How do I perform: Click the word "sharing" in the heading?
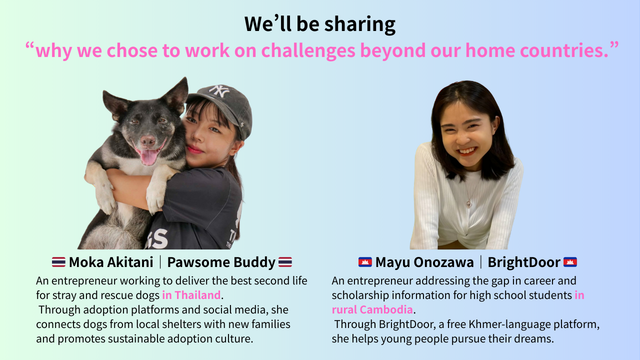pyautogui.click(x=359, y=24)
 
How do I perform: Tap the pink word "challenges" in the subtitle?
pyautogui.click(x=308, y=50)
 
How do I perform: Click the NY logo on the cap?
pyautogui.click(x=219, y=91)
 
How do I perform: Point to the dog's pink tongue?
pyautogui.click(x=149, y=157)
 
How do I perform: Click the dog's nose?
pyautogui.click(x=147, y=140)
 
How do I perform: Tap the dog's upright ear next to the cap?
pyautogui.click(x=176, y=94)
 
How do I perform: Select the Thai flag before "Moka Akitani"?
pyautogui.click(x=58, y=262)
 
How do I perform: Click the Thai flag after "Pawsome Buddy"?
pyautogui.click(x=285, y=262)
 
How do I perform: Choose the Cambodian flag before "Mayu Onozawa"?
pyautogui.click(x=365, y=262)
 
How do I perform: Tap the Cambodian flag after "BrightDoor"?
pyautogui.click(x=570, y=262)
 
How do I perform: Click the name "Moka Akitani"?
pyautogui.click(x=111, y=262)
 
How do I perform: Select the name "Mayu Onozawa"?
pyautogui.click(x=424, y=262)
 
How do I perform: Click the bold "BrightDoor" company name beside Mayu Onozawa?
pyautogui.click(x=523, y=262)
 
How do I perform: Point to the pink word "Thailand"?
pyautogui.click(x=197, y=295)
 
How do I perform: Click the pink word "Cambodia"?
pyautogui.click(x=386, y=309)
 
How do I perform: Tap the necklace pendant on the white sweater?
pyautogui.click(x=469, y=203)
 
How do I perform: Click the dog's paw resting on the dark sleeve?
pyautogui.click(x=156, y=197)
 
